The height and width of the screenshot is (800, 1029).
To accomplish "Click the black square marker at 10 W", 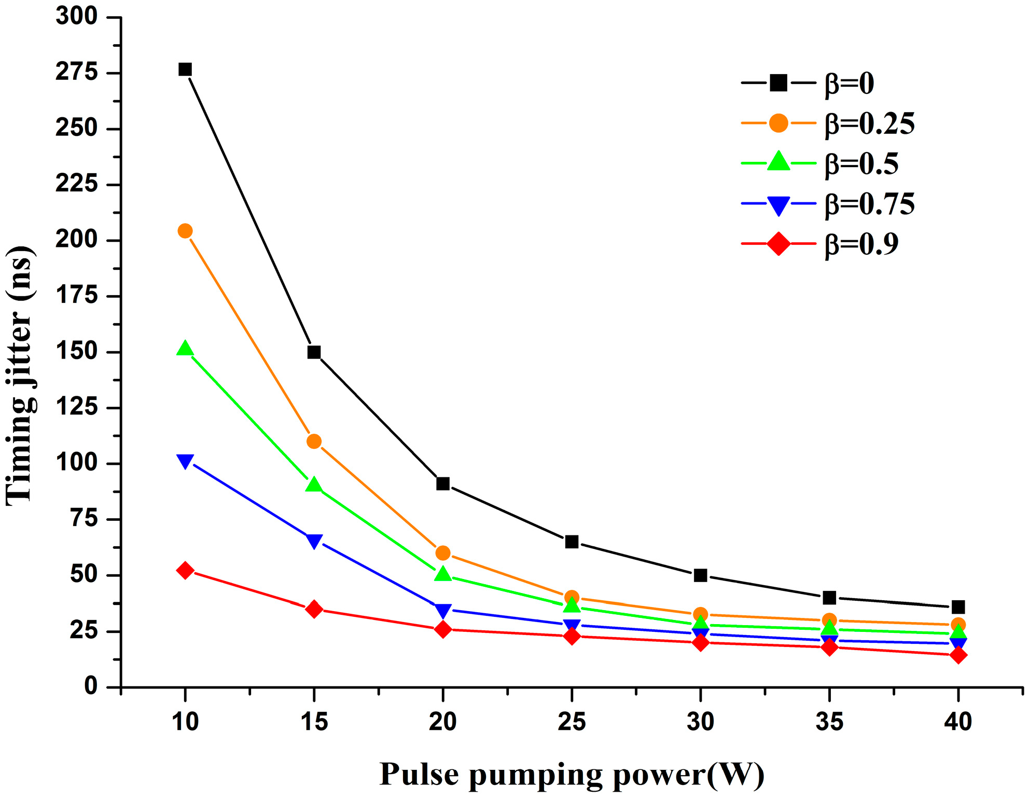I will coord(185,70).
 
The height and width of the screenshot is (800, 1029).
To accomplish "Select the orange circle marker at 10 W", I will coord(185,231).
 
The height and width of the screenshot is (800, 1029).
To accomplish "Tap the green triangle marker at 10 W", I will coord(185,349).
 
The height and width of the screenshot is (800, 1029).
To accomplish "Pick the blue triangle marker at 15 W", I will coord(314,541).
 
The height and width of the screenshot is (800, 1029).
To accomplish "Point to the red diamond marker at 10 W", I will coord(185,571).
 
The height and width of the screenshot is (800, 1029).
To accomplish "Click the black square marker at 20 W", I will coord(443,484).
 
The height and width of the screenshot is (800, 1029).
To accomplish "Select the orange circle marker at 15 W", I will coord(314,442).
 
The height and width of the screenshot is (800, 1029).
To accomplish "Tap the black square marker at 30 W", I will coord(701,575).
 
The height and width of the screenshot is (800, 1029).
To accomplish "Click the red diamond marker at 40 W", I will coord(958,655).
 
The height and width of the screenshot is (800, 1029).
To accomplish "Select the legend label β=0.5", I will coord(861,164).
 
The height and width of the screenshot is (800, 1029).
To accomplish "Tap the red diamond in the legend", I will coord(778,244).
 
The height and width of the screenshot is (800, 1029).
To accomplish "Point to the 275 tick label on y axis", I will coord(77,72).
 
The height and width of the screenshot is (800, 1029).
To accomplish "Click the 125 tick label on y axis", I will coord(77,407).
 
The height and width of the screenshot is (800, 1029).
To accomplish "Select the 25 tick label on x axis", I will coord(572,722).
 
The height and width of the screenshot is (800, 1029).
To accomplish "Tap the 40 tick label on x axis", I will coord(958,722).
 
